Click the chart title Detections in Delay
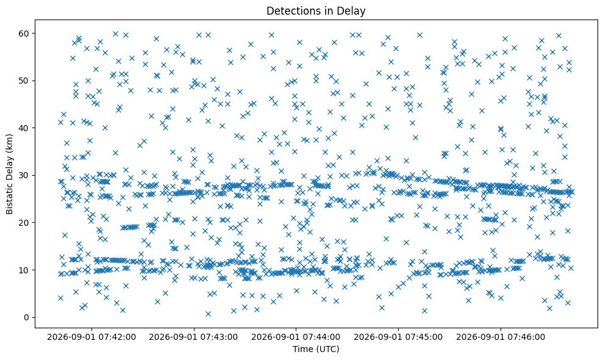[x=316, y=11]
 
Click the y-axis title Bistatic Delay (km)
[x=10, y=174]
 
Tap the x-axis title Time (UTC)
[x=316, y=349]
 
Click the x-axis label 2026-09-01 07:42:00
[x=91, y=337]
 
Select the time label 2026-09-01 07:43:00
[x=193, y=337]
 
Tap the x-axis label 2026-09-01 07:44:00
[x=296, y=337]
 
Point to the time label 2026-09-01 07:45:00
[x=398, y=337]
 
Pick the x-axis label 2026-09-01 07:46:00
[x=501, y=337]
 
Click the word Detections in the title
[x=290, y=11]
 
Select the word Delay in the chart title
[x=354, y=11]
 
